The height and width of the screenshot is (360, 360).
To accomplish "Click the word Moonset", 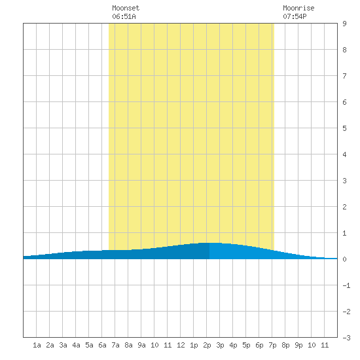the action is click(126, 8).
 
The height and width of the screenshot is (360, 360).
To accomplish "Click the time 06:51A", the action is click(124, 16).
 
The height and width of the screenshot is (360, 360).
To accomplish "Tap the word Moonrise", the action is click(298, 8).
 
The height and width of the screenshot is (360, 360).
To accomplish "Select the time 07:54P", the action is click(295, 16).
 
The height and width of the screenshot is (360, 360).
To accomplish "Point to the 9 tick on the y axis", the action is click(344, 24).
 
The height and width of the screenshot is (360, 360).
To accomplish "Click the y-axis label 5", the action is click(344, 128).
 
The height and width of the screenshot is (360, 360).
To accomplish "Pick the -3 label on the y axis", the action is click(346, 338).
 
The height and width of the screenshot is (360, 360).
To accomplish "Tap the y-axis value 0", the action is click(344, 259).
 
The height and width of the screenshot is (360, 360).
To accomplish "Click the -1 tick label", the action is click(346, 285).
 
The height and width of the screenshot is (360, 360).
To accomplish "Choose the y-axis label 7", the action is click(344, 76).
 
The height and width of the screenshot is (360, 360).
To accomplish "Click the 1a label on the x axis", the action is click(37, 345).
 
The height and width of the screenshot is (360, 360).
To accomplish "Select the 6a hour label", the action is click(102, 345).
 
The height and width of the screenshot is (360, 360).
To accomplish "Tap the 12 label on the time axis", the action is click(181, 345).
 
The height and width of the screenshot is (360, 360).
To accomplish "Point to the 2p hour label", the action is click(207, 345).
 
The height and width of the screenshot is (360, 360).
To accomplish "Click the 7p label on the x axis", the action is click(272, 345).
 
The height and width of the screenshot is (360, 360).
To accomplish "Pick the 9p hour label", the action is click(298, 345).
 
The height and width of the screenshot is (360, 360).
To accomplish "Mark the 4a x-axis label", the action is click(76, 345).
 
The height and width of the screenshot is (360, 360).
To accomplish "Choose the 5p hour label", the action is click(246, 345).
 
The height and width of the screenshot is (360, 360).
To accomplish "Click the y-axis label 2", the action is click(344, 207).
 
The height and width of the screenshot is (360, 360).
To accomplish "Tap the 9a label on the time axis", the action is click(141, 345).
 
